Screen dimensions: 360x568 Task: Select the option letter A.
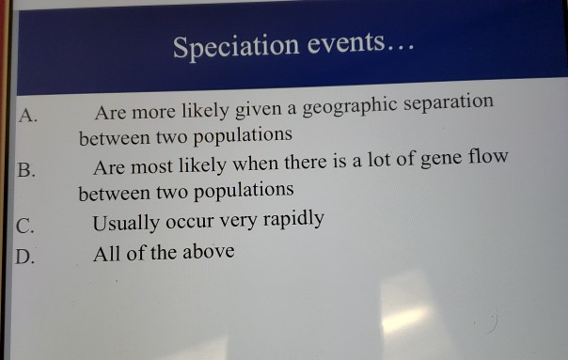[x=29, y=117]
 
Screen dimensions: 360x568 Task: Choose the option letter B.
[x=27, y=170]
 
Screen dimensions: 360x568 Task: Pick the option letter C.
[x=27, y=226]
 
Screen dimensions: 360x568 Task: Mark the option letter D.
[x=27, y=256]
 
